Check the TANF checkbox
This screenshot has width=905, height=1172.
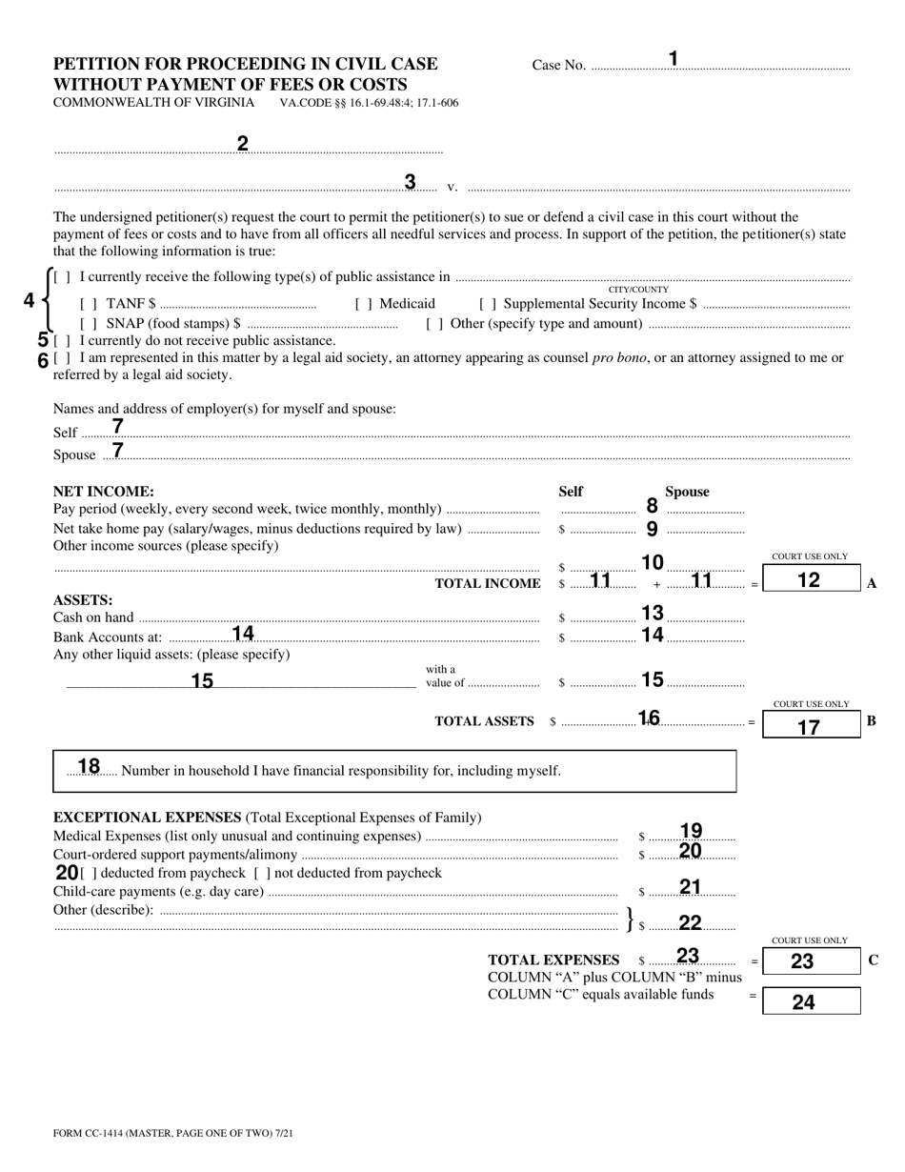(x=89, y=304)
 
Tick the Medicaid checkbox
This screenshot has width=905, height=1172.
(x=363, y=304)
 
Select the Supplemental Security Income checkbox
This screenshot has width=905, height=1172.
(x=487, y=304)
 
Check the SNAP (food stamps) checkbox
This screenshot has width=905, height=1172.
(x=89, y=323)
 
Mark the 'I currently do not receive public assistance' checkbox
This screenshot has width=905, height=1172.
(x=62, y=340)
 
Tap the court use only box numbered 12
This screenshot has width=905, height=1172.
(x=811, y=579)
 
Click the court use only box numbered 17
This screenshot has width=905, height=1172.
(x=811, y=726)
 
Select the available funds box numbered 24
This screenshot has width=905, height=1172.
(x=811, y=1001)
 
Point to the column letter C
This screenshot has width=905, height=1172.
(x=874, y=960)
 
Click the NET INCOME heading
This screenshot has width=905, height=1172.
(x=103, y=492)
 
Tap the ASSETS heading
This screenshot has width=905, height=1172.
(x=83, y=600)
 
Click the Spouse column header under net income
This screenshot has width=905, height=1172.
(x=687, y=492)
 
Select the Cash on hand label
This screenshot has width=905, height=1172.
(x=93, y=617)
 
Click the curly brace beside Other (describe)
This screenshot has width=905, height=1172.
(x=629, y=919)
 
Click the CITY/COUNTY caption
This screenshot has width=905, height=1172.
(x=638, y=290)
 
